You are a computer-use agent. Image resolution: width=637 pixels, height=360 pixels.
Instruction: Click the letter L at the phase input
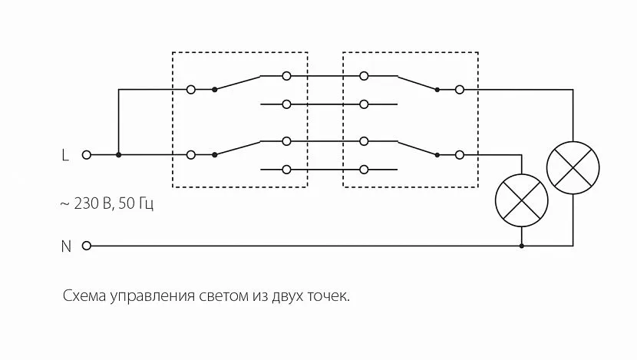64,155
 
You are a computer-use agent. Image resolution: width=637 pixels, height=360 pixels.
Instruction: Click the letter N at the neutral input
65,246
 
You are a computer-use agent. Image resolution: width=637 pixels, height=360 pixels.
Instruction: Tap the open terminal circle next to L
86,155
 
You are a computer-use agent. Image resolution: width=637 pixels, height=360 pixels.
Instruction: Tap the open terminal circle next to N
86,246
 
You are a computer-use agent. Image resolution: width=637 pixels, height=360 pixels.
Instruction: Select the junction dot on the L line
118,155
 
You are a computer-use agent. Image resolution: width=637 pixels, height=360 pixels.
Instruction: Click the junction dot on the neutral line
522,246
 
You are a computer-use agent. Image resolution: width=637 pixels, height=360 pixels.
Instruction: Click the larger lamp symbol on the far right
573,167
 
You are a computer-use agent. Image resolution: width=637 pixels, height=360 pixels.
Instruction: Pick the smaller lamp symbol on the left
522,199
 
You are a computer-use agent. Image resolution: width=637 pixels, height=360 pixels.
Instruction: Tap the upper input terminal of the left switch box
190,90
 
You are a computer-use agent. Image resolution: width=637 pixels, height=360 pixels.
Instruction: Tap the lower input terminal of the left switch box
190,155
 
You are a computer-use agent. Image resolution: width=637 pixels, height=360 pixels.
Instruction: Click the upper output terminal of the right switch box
459,90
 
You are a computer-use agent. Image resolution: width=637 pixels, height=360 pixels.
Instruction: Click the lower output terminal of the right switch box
459,155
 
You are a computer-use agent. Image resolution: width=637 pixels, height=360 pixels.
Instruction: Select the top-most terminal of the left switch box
286,76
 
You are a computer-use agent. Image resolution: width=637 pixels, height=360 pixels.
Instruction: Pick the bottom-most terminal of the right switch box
363,169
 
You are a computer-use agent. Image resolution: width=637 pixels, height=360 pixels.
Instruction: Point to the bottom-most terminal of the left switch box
286,169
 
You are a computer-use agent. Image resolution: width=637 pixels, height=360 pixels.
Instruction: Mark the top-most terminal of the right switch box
363,76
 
